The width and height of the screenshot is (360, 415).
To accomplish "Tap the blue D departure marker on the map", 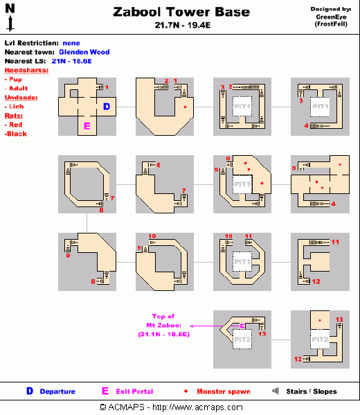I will pyautogui.click(x=106, y=107).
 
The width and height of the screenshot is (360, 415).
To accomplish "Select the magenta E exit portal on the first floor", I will pyautogui.click(x=87, y=126).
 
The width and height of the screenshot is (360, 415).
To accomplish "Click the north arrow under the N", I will pyautogui.click(x=10, y=24).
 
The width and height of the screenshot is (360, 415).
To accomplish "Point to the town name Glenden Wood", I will pyautogui.click(x=84, y=52).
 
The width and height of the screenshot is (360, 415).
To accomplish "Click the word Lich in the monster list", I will pyautogui.click(x=17, y=107).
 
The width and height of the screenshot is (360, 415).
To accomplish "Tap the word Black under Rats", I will pyautogui.click(x=17, y=134).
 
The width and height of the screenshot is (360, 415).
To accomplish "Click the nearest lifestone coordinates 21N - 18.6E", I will pyautogui.click(x=72, y=61).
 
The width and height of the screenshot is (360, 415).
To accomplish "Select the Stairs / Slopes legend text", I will pyautogui.click(x=311, y=391).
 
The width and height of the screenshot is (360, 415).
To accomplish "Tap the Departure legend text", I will pyautogui.click(x=57, y=391).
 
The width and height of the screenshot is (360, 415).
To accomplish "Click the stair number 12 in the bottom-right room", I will pyautogui.click(x=298, y=359).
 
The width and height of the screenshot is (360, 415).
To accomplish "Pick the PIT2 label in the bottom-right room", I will pyautogui.click(x=319, y=340).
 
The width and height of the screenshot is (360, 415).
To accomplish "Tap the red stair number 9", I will pyautogui.click(x=139, y=248).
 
